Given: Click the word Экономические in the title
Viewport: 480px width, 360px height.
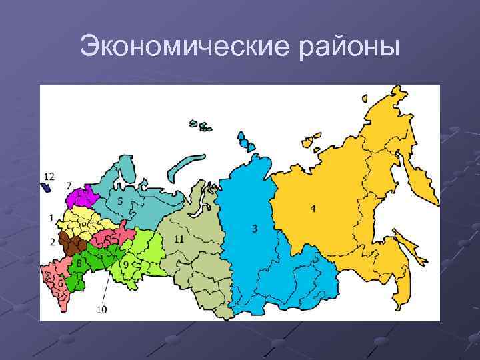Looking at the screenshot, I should click(x=172, y=47).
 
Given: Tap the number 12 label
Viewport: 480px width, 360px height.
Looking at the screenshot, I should click(x=49, y=176).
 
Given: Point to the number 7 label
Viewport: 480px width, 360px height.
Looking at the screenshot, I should click(x=69, y=185).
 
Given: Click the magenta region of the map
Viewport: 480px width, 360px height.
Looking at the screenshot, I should click(x=83, y=197).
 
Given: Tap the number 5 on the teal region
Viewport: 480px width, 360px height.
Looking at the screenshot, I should click(x=119, y=201).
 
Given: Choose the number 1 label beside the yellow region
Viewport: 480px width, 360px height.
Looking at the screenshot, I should click(x=51, y=218).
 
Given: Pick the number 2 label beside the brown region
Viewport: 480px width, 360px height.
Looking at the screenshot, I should click(x=52, y=241).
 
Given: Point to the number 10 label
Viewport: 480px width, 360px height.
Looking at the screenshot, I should click(x=101, y=309).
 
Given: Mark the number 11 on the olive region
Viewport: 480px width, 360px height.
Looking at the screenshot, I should click(x=179, y=238).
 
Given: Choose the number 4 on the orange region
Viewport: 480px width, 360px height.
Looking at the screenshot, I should click(x=313, y=209).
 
